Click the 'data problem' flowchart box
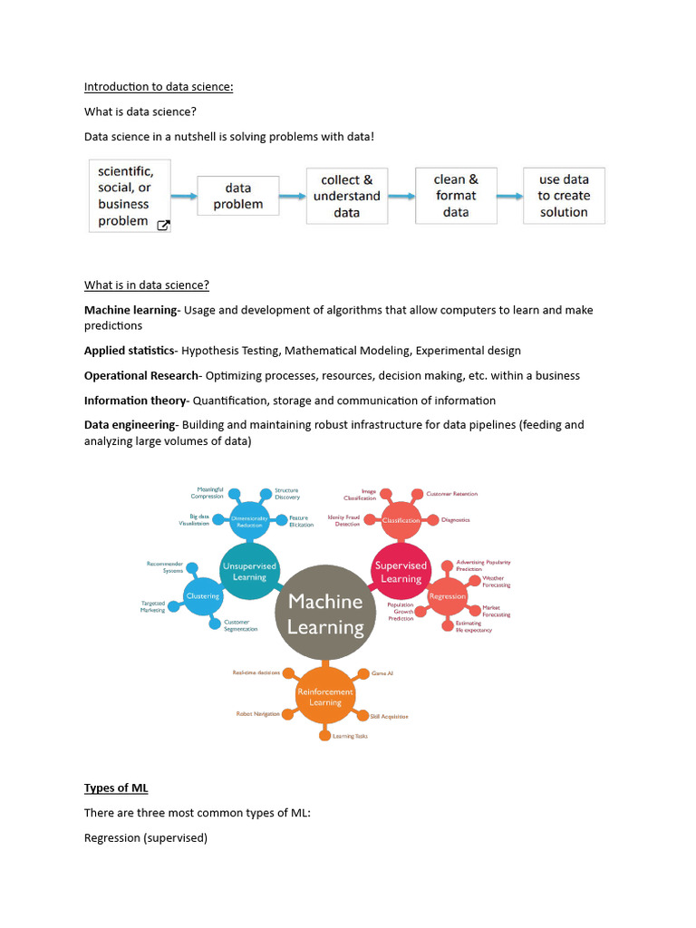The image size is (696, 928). [x=238, y=196]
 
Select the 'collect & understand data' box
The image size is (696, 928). [x=347, y=196]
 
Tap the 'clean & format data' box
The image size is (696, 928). [x=456, y=196]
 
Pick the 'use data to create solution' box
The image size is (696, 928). [x=564, y=196]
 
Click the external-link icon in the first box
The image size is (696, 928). [x=163, y=226]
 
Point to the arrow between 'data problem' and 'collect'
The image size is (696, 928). [x=292, y=196]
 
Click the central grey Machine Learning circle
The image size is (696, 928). [x=325, y=614]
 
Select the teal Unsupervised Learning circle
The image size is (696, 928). [x=249, y=570]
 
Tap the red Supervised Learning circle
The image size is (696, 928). [x=401, y=572]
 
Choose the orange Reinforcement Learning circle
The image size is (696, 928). [x=325, y=696]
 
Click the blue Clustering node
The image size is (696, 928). [x=203, y=595]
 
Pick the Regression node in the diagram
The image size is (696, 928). [x=447, y=595]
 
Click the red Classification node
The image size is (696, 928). [x=401, y=520]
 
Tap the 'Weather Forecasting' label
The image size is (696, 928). [x=496, y=582]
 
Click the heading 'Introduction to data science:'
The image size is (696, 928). [x=159, y=87]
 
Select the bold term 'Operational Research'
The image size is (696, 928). [x=140, y=375]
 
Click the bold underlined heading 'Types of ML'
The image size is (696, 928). [x=110, y=788]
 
